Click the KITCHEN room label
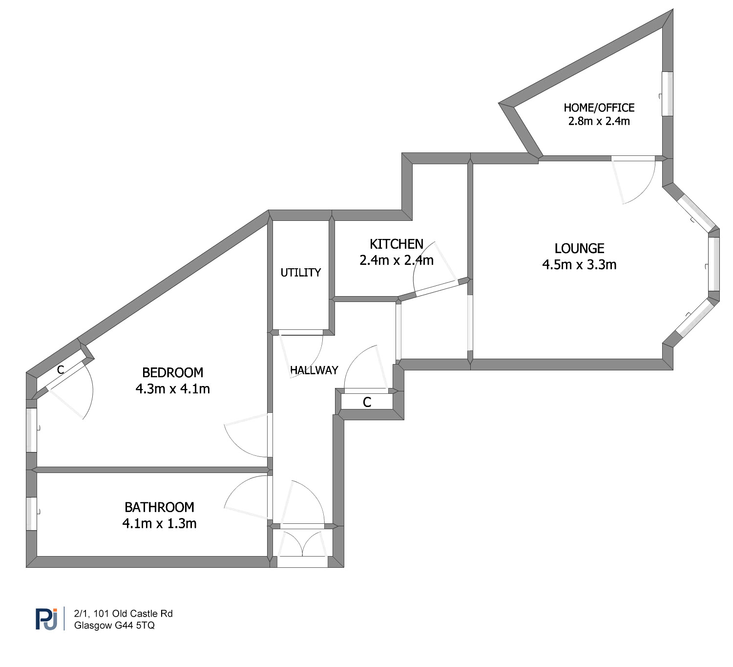pyautogui.click(x=396, y=244)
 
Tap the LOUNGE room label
pyautogui.click(x=579, y=249)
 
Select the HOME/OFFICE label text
pyautogui.click(x=599, y=108)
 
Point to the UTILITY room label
pyautogui.click(x=300, y=273)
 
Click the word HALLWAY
pyautogui.click(x=314, y=370)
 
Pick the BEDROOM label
pyautogui.click(x=172, y=373)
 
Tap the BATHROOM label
pyautogui.click(x=159, y=507)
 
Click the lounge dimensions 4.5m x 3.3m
pyautogui.click(x=579, y=264)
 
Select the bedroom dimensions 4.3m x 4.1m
pyautogui.click(x=172, y=388)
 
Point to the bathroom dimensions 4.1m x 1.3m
pyautogui.click(x=159, y=523)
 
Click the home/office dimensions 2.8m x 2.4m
pyautogui.click(x=599, y=121)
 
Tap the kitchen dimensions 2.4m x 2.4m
pyautogui.click(x=397, y=260)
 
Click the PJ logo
pyautogui.click(x=46, y=619)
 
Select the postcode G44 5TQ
pyautogui.click(x=134, y=625)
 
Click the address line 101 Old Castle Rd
pyautogui.click(x=133, y=613)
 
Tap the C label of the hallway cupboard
pyautogui.click(x=367, y=402)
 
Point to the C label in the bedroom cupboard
pyautogui.click(x=60, y=370)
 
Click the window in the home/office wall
pyautogui.click(x=667, y=94)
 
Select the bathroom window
pyautogui.click(x=31, y=514)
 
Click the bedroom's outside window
pyautogui.click(x=31, y=430)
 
